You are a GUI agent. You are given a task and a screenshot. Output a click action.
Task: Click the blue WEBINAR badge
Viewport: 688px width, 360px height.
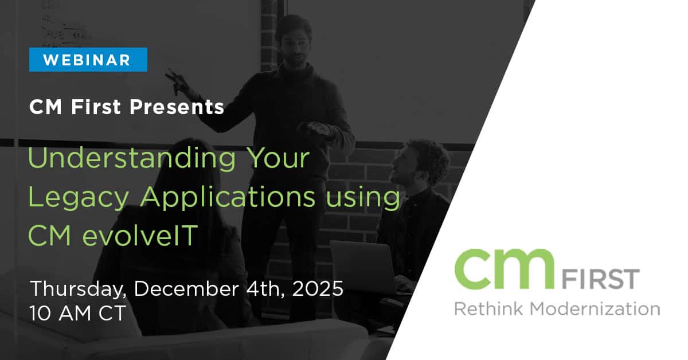coord(88,60)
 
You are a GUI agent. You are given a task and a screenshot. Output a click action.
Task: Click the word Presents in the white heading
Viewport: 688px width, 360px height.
coord(177,107)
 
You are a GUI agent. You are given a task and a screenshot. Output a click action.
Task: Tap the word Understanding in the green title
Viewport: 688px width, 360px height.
coord(132,158)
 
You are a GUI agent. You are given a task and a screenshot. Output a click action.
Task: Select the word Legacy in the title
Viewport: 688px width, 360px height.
coord(79,198)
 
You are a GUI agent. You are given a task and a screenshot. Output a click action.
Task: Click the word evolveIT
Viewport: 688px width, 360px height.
coord(140,235)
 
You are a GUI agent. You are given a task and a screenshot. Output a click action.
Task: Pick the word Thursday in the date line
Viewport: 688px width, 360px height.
coord(79,289)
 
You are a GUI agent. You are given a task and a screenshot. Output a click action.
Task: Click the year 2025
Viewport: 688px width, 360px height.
coord(318,288)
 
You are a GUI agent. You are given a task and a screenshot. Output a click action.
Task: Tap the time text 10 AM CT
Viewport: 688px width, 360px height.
coord(78,313)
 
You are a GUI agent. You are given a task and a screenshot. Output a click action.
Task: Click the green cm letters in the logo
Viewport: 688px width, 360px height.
coord(505,269)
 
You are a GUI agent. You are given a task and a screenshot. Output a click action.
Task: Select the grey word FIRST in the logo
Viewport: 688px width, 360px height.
coord(600,279)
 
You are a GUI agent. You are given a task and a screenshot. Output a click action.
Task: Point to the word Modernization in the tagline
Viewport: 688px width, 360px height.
coord(595,309)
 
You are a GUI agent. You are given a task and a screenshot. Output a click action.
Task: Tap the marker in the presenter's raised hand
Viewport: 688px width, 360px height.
coord(174,79)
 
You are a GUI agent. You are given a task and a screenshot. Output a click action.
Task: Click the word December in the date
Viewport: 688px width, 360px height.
coord(186,289)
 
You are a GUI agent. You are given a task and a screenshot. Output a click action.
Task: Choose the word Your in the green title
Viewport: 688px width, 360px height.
coord(279,158)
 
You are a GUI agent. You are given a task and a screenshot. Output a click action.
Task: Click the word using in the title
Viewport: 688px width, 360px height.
coord(363,199)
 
